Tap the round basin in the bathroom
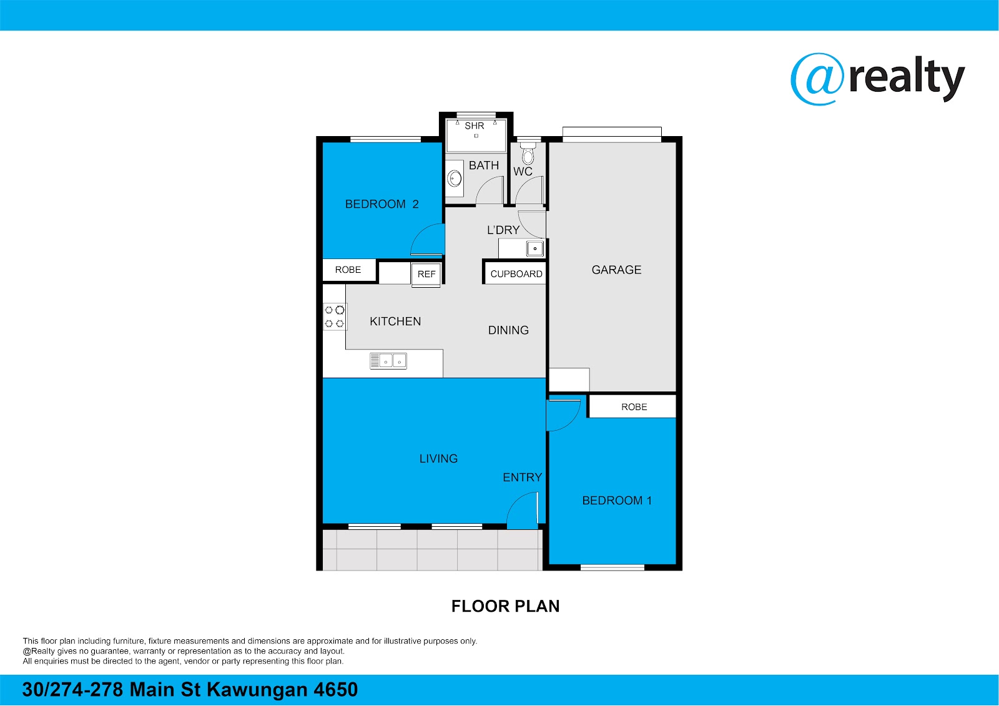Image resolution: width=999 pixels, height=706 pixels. point(455,179)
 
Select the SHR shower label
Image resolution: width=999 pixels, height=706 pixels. point(474,125)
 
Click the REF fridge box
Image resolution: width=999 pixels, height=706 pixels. point(426,274)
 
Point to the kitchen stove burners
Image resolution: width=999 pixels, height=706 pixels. point(335,316)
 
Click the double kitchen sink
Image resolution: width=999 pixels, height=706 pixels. point(388,361)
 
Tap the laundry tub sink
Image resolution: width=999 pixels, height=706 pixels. point(534,248)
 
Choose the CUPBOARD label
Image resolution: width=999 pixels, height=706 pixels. point(516,274)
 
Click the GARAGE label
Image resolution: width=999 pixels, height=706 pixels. point(616,270)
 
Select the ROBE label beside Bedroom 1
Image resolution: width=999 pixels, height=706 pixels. point(634,407)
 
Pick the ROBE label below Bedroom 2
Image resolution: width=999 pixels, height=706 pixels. point(348,270)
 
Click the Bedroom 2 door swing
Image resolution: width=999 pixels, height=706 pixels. point(427,239)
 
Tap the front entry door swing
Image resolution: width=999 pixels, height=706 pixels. point(523,510)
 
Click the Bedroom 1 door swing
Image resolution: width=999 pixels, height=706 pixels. point(563,415)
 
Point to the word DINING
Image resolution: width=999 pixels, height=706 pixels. point(508,330)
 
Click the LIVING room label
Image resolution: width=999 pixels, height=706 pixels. point(438,458)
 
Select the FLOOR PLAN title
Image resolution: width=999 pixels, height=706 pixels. point(505,606)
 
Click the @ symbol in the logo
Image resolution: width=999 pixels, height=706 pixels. point(817,79)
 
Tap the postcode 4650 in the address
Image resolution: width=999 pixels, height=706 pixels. point(335,690)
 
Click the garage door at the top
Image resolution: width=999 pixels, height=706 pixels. point(612,134)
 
